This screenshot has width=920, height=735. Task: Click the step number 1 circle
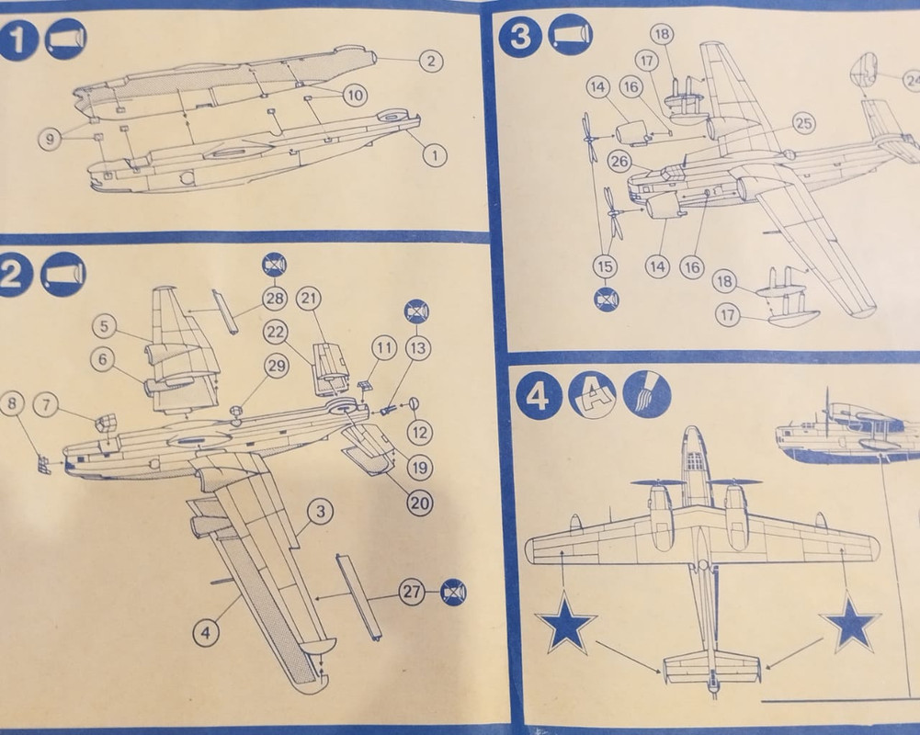pyautogui.click(x=18, y=40)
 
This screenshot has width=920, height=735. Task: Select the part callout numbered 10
pyautogui.click(x=355, y=93)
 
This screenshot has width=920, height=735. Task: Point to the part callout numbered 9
pyautogui.click(x=51, y=139)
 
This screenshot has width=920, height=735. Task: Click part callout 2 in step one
pyautogui.click(x=430, y=61)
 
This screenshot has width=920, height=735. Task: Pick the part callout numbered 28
pyautogui.click(x=275, y=298)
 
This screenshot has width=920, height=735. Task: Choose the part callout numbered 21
pyautogui.click(x=309, y=298)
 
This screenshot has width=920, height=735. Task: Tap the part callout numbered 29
pyautogui.click(x=276, y=365)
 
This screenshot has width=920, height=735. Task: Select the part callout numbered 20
pyautogui.click(x=419, y=503)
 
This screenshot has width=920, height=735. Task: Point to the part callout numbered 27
pyautogui.click(x=413, y=593)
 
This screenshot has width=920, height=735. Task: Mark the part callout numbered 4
pyautogui.click(x=206, y=631)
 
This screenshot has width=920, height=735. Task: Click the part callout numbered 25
pyautogui.click(x=804, y=122)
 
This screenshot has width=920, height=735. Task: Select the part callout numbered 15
pyautogui.click(x=604, y=266)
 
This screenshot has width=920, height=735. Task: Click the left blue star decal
pyautogui.click(x=565, y=627)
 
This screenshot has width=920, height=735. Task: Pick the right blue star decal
pyautogui.click(x=850, y=624)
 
